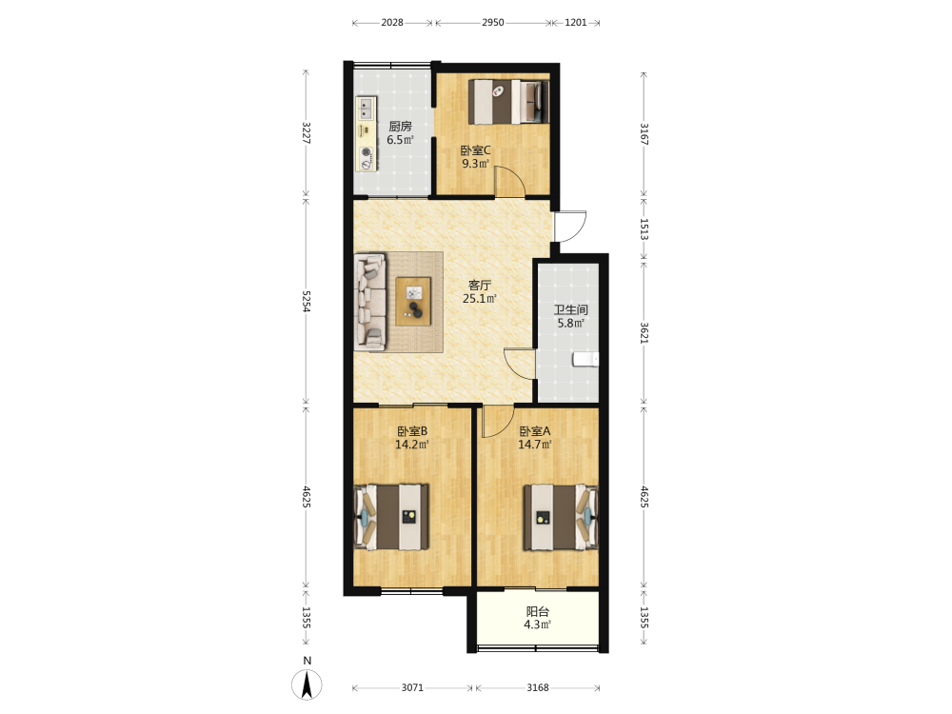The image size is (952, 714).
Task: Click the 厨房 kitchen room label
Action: [400, 127]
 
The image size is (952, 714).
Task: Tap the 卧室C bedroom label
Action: [475, 150]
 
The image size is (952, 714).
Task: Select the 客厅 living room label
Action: [480, 285]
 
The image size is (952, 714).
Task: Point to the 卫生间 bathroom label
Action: [570, 309]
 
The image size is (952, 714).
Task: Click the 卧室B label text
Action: [412, 431]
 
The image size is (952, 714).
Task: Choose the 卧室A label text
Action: [535, 431]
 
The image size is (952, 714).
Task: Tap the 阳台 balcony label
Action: [537, 611]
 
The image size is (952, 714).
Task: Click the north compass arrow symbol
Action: [307, 684]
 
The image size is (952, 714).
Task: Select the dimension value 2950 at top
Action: [493, 23]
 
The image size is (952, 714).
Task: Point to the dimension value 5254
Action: [307, 301]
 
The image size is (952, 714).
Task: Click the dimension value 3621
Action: [645, 332]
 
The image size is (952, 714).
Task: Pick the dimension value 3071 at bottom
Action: [412, 687]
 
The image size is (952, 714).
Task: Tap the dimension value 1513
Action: [645, 229]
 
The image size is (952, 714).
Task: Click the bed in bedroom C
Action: [508, 102]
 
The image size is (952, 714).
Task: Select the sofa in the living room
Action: [370, 302]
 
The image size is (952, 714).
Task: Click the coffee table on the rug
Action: [413, 301]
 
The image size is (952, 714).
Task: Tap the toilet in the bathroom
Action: [585, 360]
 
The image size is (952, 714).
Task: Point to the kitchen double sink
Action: [366, 109]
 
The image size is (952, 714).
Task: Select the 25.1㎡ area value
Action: [480, 299]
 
